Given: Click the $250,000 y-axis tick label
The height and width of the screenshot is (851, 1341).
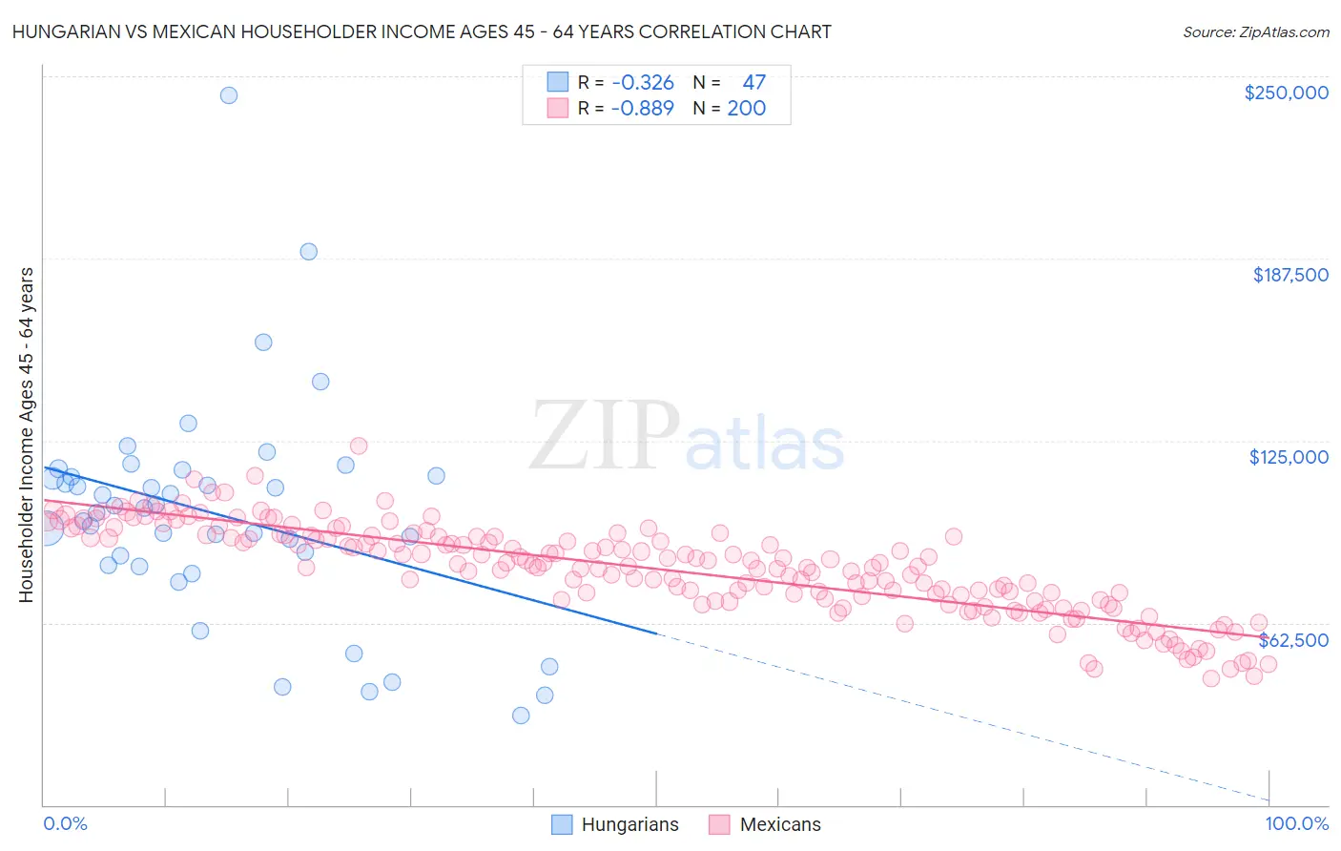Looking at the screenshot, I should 1286,93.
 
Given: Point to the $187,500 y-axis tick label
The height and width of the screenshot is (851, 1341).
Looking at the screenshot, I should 1289,275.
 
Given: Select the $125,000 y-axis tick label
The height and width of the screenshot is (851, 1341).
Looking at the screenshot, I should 1289,457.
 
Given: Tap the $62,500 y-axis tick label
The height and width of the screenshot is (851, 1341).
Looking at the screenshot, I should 1293,640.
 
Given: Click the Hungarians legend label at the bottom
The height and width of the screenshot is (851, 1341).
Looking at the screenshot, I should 629,825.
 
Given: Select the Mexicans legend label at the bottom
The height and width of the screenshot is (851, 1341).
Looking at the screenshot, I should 779,825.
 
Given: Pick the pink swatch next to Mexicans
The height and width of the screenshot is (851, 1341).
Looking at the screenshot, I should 719,825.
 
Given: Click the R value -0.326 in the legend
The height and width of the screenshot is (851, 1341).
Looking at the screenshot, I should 643,83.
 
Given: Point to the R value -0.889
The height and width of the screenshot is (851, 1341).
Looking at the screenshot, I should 643,109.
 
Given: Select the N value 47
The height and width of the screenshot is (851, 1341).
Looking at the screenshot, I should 753,83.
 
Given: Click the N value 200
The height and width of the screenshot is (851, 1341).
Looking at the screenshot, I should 746,109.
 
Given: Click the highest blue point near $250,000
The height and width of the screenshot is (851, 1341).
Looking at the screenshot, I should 229,95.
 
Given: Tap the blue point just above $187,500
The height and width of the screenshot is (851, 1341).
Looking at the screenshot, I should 308,252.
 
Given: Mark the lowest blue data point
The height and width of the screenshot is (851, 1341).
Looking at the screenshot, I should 521,716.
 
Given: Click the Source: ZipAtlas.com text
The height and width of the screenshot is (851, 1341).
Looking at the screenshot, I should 1255,31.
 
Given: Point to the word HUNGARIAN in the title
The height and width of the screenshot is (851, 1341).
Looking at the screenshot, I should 66,31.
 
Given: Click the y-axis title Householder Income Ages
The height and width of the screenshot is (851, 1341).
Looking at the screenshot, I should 26,435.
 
